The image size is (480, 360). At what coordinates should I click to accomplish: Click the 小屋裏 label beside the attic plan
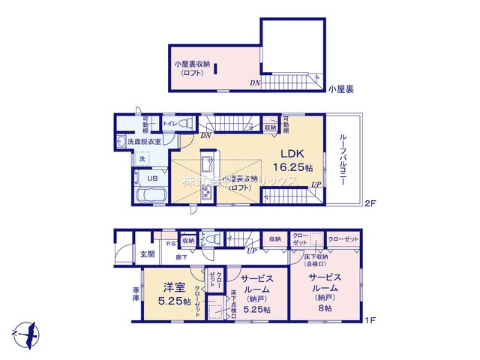[341, 89]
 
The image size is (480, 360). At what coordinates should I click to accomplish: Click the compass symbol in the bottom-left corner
[26, 331]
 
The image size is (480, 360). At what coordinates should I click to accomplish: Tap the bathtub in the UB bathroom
[153, 196]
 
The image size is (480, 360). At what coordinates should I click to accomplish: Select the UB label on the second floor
[151, 178]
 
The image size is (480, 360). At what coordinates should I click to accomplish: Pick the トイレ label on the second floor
[169, 123]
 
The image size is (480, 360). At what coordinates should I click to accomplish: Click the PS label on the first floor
[170, 242]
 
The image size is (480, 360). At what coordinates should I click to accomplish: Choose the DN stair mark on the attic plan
[255, 83]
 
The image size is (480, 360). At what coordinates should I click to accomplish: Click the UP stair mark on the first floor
[253, 250]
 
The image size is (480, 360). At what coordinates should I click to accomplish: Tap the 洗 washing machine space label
[141, 159]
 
